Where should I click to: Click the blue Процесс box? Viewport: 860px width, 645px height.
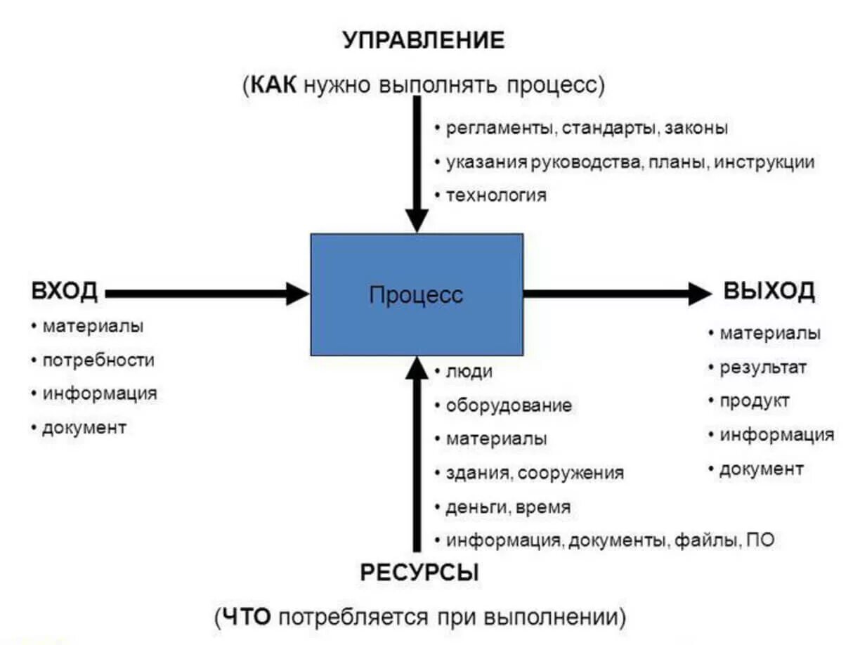(417, 294)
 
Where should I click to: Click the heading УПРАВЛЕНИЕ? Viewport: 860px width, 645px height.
(424, 41)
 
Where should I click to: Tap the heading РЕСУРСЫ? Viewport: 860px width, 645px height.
(419, 573)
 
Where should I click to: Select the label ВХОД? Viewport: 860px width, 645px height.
(65, 292)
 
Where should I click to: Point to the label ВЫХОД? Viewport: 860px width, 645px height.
(769, 291)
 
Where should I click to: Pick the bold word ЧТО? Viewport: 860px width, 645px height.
(246, 618)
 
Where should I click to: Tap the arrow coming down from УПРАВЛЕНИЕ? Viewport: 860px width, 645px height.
(417, 162)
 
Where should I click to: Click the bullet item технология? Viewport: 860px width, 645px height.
(495, 195)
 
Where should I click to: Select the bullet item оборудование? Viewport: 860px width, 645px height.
(509, 405)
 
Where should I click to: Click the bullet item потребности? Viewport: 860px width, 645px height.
(98, 360)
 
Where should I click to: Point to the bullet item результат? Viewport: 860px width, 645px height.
(763, 367)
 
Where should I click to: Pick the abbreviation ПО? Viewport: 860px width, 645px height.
(760, 541)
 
